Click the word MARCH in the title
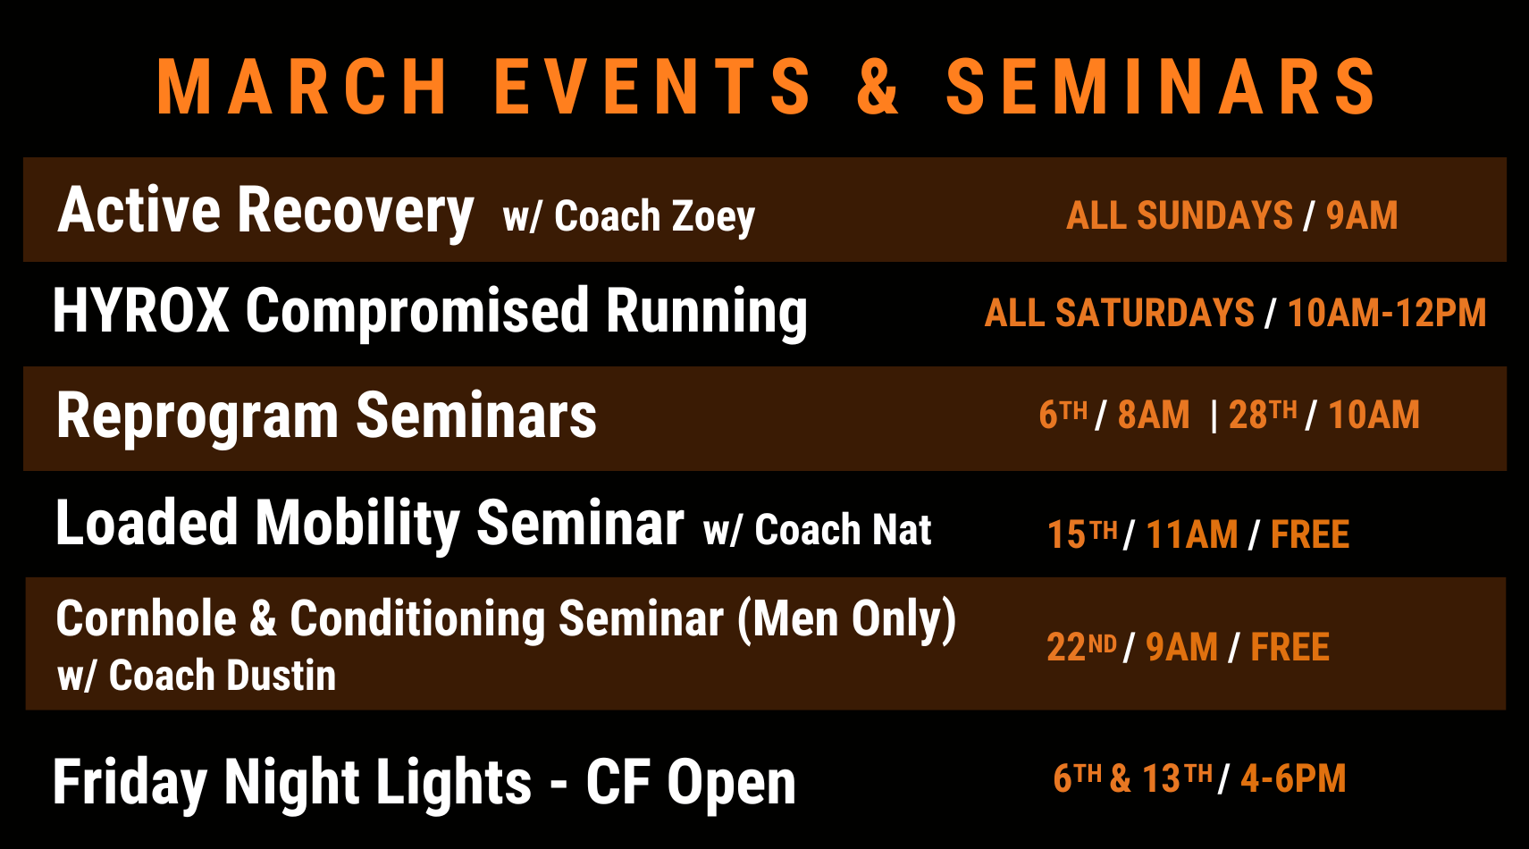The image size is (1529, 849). click(302, 87)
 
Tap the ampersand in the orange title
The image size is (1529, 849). click(878, 87)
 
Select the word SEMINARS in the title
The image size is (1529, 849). click(1161, 87)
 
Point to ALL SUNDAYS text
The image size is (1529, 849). click(1179, 215)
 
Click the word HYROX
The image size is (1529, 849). click(141, 311)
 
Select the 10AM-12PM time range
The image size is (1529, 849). click(1386, 314)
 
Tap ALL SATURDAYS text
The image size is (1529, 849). click(1119, 314)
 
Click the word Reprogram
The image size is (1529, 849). click(197, 416)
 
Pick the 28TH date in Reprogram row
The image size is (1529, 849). click(1262, 415)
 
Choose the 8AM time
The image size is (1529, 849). click(1154, 415)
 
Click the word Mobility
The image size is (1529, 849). click(357, 524)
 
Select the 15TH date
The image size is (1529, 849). click(1082, 534)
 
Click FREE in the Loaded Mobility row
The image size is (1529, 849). click(1309, 534)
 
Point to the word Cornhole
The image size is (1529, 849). click(146, 619)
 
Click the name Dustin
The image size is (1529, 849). click(281, 676)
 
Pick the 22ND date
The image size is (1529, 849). click(1081, 646)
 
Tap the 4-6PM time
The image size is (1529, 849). click(1293, 778)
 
